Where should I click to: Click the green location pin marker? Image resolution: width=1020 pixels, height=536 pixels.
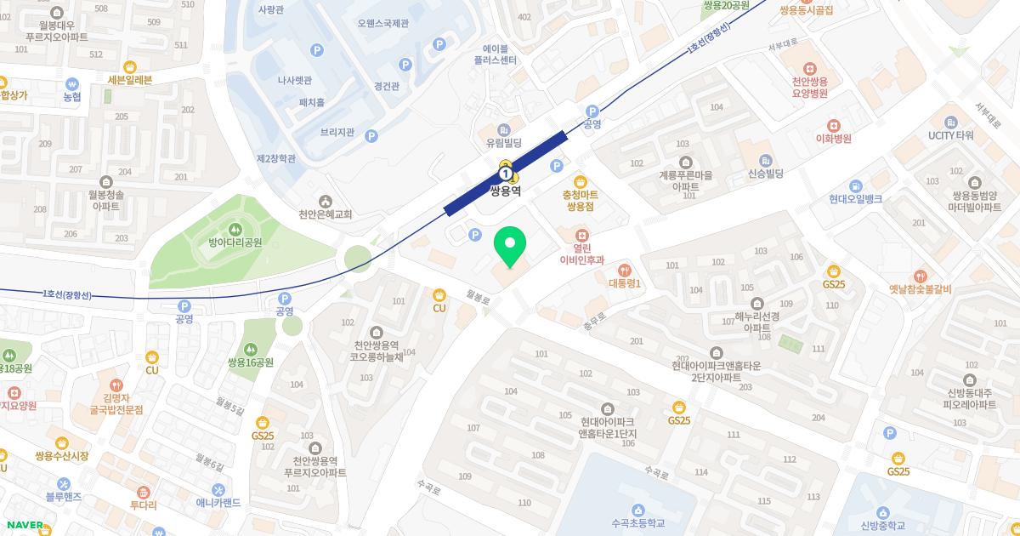coord(509,246)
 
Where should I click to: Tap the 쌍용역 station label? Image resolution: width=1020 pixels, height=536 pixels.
coord(505,191)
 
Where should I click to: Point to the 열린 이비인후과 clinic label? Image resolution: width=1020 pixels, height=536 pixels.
coord(581,254)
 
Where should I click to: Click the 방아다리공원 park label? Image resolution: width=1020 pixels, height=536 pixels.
coord(235,242)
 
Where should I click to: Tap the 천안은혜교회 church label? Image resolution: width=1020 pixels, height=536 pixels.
coord(325,214)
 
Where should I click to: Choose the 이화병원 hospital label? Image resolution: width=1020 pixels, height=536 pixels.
coord(833,139)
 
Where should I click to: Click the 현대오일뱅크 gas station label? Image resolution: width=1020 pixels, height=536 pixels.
coord(856,198)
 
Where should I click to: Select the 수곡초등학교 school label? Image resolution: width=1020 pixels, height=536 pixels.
coord(637,523)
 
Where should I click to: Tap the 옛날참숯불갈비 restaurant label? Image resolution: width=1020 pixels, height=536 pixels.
coord(920,289)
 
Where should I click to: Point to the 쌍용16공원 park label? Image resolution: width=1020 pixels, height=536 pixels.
coord(250,362)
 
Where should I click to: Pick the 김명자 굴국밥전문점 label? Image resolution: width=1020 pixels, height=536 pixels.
coord(116,403)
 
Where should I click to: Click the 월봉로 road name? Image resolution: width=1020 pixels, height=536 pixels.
coord(479,297)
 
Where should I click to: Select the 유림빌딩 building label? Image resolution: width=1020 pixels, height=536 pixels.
coord(503,143)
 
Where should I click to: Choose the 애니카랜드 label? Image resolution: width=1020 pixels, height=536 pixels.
coord(218,502)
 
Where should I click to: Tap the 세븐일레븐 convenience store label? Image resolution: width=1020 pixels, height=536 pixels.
coord(130,80)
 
